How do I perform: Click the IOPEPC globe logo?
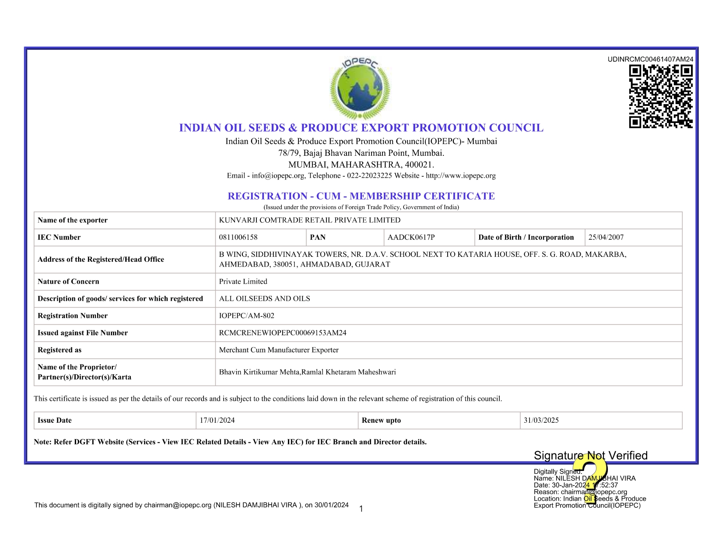[360, 89]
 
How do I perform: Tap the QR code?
[661, 96]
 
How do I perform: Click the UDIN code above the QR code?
[650, 60]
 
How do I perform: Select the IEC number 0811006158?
[238, 237]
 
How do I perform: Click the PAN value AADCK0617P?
[411, 237]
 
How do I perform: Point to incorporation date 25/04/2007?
[606, 237]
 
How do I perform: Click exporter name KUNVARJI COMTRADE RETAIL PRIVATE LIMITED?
[310, 220]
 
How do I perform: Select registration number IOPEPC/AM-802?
[247, 316]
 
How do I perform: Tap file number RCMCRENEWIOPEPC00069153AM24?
[283, 333]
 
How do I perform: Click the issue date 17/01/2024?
[217, 420]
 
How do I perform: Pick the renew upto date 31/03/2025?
[541, 420]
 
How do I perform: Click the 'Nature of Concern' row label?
[68, 281]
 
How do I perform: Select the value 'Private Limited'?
[243, 281]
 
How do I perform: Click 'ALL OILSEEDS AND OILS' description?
[265, 298]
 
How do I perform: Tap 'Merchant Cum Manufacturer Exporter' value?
[279, 350]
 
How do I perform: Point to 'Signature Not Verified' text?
[591, 456]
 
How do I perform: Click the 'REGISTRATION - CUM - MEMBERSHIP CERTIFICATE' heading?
[361, 196]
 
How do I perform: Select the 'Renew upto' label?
[381, 420]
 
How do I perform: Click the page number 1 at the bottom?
[361, 509]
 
